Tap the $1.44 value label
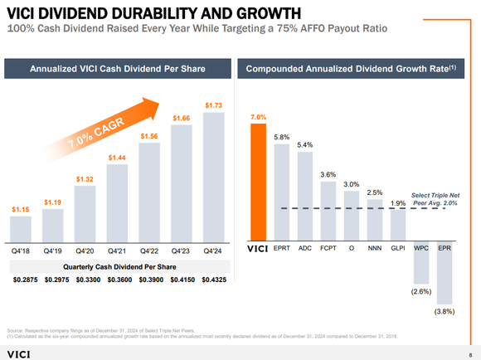pyautogui.click(x=117, y=157)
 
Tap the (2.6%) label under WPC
pyautogui.click(x=421, y=292)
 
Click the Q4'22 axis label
pyautogui.click(x=148, y=248)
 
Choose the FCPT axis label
pyautogui.click(x=328, y=248)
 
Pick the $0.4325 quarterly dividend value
pyautogui.click(x=212, y=280)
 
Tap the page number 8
pyautogui.click(x=469, y=353)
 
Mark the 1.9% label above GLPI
pyautogui.click(x=398, y=203)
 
